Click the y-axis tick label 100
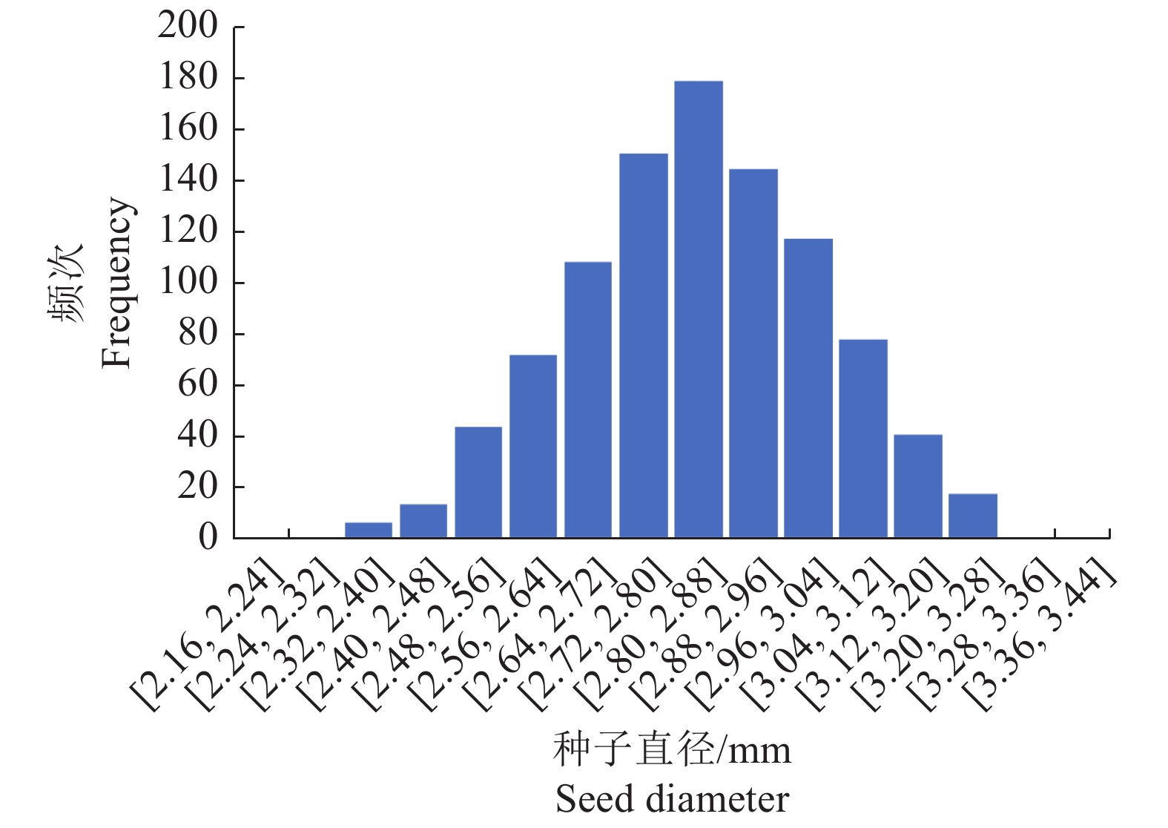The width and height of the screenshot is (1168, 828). (x=188, y=282)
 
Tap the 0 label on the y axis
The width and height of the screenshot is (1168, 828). (x=208, y=537)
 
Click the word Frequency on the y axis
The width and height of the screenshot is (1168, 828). (x=117, y=282)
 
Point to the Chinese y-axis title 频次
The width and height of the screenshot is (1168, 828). (x=67, y=282)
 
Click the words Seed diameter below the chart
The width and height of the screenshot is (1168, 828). (x=672, y=800)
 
